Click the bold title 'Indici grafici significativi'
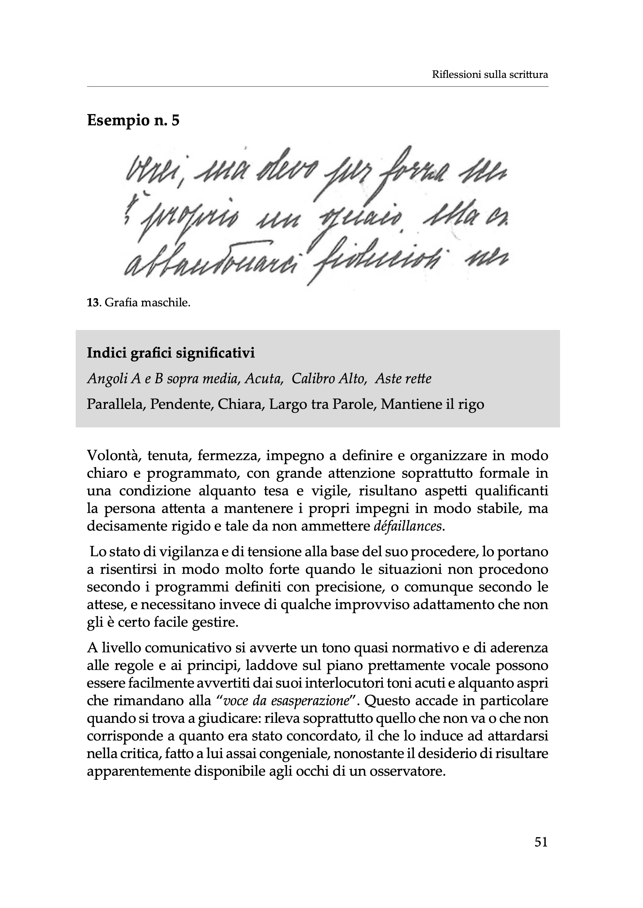[171, 353]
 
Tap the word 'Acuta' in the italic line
[264, 379]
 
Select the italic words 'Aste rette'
[403, 379]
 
